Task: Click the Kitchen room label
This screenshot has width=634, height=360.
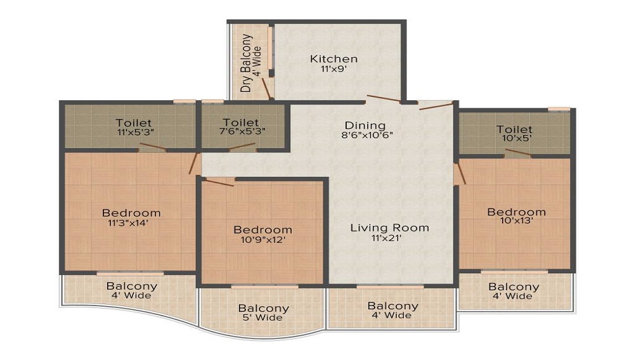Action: coord(333,59)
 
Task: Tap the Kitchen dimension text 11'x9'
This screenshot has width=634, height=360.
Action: coord(333,70)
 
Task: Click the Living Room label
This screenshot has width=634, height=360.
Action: coord(390,228)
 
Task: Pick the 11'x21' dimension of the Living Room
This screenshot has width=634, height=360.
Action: coord(390,239)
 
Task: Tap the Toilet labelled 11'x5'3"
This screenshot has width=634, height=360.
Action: coord(133,122)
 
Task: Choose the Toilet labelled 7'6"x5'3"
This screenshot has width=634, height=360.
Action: coord(241,122)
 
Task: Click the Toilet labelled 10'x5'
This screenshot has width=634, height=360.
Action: coord(515,130)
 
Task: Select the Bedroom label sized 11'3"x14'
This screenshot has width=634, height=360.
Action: coord(131,212)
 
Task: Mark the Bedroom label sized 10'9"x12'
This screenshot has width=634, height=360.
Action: coord(262,229)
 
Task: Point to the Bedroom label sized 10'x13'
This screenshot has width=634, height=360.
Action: coord(516,212)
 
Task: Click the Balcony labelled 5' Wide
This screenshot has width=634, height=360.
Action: coord(264,309)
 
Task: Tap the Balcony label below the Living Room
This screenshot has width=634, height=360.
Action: coord(393,306)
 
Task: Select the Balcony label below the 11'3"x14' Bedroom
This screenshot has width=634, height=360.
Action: coord(132,286)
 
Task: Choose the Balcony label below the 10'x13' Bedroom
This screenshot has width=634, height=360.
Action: coord(514,286)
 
